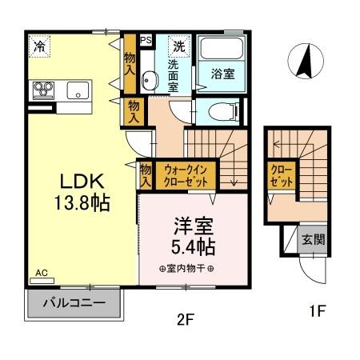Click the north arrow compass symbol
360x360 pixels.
tap(304, 63)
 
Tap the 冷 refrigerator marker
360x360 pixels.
tap(38, 47)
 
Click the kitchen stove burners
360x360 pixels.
tap(43, 89)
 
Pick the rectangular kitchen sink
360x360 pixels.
tap(78, 89)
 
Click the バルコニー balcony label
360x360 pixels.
tap(74, 305)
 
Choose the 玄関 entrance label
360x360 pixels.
tap(312, 239)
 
